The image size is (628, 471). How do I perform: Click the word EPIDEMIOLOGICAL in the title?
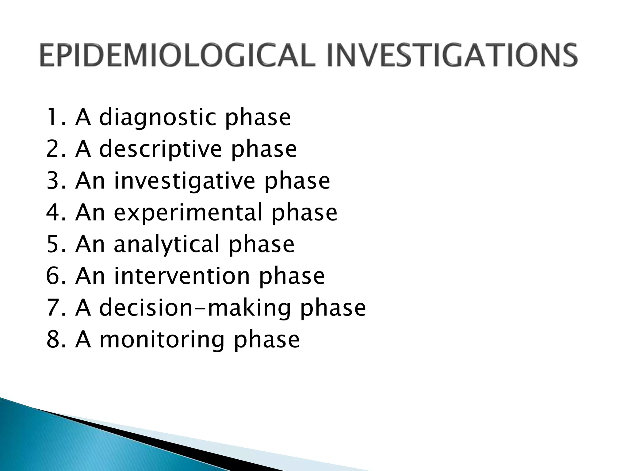(177, 55)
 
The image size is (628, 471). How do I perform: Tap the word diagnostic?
(158, 118)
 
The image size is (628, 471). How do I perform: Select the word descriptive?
(160, 150)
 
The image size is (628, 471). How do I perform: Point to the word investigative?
(184, 181)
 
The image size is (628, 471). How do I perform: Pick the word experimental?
(188, 213)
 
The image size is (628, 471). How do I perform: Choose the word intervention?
(182, 276)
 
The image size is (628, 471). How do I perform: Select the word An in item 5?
(90, 244)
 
